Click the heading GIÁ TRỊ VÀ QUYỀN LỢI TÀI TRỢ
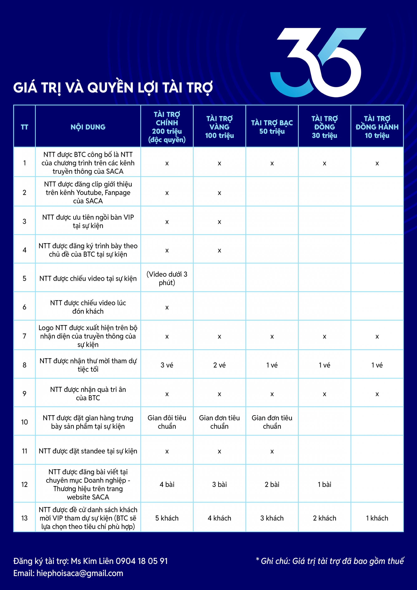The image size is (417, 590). click(113, 88)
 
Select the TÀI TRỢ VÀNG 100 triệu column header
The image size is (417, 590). click(219, 127)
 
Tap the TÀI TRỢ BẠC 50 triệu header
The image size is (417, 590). click(272, 127)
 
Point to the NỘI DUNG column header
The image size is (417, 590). click(88, 127)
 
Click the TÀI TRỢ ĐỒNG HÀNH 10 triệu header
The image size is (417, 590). click(377, 127)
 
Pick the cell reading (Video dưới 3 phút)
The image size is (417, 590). click(167, 278)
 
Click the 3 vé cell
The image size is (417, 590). click(167, 365)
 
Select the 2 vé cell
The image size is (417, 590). click(219, 365)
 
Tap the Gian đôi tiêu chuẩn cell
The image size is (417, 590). click(167, 422)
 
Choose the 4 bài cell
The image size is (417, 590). click(167, 484)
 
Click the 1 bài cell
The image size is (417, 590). click(324, 484)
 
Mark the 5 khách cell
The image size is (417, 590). click(167, 518)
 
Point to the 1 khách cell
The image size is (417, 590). click(377, 518)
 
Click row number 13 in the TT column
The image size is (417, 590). click(24, 518)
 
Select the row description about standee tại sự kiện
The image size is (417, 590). click(88, 451)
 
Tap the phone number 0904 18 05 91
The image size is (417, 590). click(142, 561)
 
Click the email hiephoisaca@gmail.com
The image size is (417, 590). click(80, 573)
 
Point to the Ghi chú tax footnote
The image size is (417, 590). click(330, 561)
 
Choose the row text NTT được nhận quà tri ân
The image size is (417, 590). click(88, 393)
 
